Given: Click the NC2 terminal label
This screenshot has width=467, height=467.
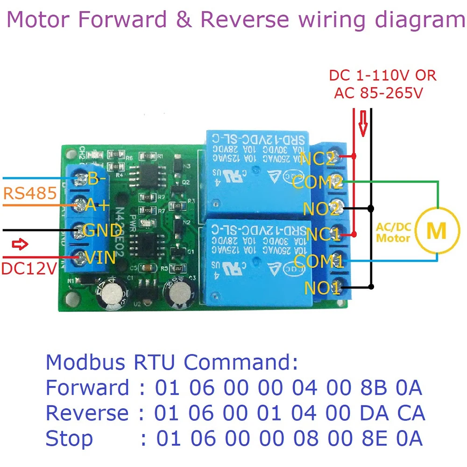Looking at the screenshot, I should pyautogui.click(x=318, y=159).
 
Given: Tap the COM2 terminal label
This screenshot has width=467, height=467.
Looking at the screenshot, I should pyautogui.click(x=318, y=183).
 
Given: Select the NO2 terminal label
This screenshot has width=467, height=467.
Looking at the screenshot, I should pyautogui.click(x=321, y=208).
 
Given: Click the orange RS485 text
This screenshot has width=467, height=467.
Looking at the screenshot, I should pyautogui.click(x=29, y=192).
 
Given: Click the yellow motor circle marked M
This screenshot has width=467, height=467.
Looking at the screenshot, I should pyautogui.click(x=437, y=230).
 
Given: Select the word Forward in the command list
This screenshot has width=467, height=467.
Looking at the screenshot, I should pyautogui.click(x=87, y=387).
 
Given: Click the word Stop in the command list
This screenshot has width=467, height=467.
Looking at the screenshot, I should pyautogui.click(x=69, y=439).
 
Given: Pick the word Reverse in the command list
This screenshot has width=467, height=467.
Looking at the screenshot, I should pyautogui.click(x=87, y=413).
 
